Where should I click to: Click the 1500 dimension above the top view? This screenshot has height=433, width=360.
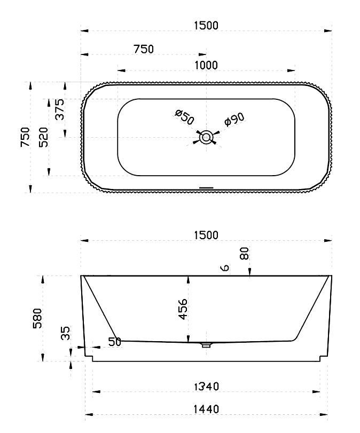[x=206, y=25]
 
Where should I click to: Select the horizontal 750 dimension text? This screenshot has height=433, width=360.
[x=143, y=49]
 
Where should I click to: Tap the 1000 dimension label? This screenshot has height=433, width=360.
[x=206, y=65]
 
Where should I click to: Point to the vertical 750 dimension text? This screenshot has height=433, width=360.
[x=25, y=137]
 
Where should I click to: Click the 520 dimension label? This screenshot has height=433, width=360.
[x=44, y=137]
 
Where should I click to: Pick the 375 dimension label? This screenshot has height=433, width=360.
[x=60, y=109]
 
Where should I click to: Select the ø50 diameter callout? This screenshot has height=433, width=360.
[x=184, y=117]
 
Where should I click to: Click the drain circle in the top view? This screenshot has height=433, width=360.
[x=205, y=138]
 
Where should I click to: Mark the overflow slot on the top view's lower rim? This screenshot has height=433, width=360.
[x=206, y=187]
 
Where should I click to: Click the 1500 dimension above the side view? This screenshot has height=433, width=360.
[x=206, y=235]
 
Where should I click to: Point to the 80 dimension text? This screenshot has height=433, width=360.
[x=244, y=254]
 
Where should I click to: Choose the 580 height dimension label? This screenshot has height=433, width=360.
[x=38, y=318]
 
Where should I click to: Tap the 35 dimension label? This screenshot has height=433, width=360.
[x=66, y=333]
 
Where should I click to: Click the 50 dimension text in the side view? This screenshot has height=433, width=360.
[x=115, y=342]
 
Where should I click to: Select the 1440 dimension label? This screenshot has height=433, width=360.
[x=206, y=409]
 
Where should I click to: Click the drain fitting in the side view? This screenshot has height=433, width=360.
[x=206, y=345]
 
